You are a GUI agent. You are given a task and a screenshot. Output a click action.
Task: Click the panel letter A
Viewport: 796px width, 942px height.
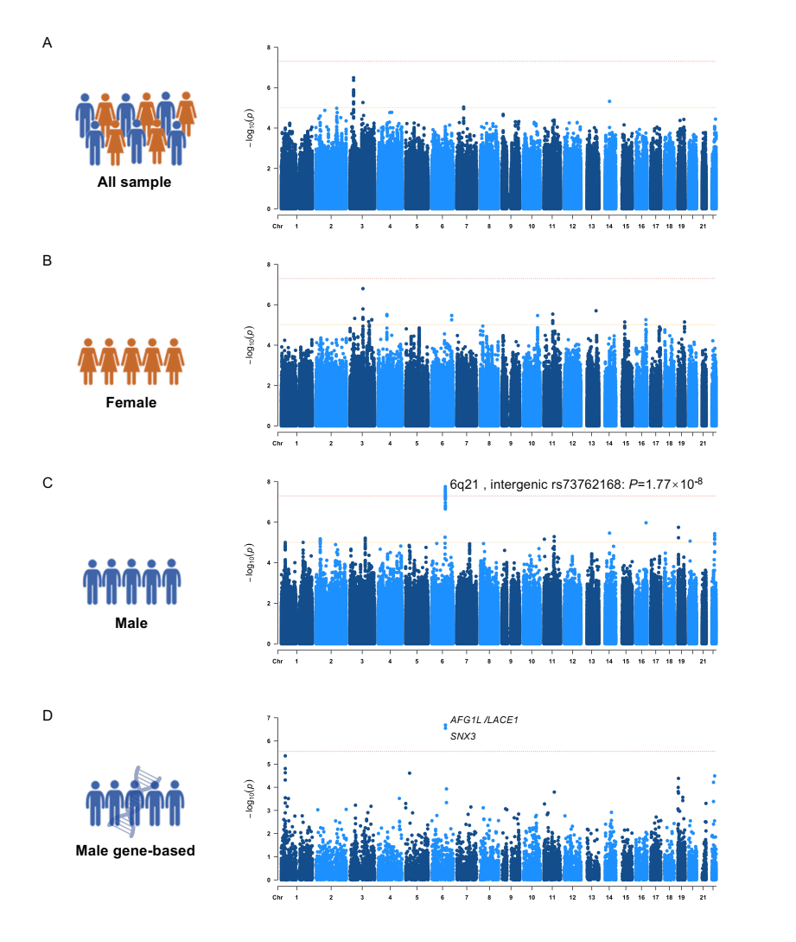(x=48, y=42)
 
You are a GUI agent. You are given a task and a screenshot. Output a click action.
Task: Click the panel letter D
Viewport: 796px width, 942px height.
(x=48, y=715)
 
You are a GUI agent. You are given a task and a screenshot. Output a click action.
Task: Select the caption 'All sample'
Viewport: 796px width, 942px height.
(x=134, y=183)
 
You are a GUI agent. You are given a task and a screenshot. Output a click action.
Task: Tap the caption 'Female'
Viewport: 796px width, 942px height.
(x=131, y=402)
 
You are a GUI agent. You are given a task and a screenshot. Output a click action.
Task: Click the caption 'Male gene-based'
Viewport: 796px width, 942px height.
(x=135, y=850)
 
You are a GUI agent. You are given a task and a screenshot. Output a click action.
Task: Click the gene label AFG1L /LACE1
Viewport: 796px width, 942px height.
(x=483, y=720)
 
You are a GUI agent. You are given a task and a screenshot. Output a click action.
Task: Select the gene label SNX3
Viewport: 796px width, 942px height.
(x=463, y=736)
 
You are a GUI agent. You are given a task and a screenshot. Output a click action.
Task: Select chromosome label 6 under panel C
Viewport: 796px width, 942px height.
(x=443, y=661)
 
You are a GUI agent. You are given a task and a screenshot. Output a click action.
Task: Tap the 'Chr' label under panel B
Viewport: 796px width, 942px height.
(x=277, y=443)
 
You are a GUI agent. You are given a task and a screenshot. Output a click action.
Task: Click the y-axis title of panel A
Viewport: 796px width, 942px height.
(x=251, y=128)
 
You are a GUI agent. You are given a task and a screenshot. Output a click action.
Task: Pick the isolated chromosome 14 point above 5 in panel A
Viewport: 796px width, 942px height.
(x=609, y=101)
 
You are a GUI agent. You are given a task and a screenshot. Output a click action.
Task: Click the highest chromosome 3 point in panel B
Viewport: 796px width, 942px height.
(x=363, y=289)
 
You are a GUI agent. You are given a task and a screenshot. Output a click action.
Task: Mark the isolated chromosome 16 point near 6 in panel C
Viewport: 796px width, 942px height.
(x=646, y=522)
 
